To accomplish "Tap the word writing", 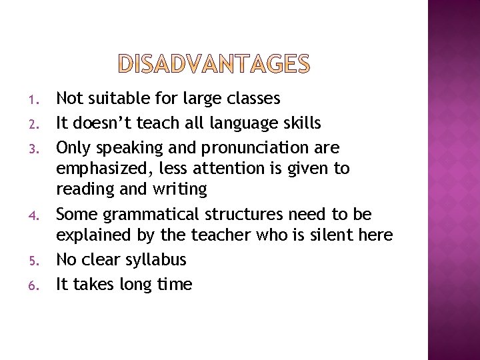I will pos(180,190).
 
